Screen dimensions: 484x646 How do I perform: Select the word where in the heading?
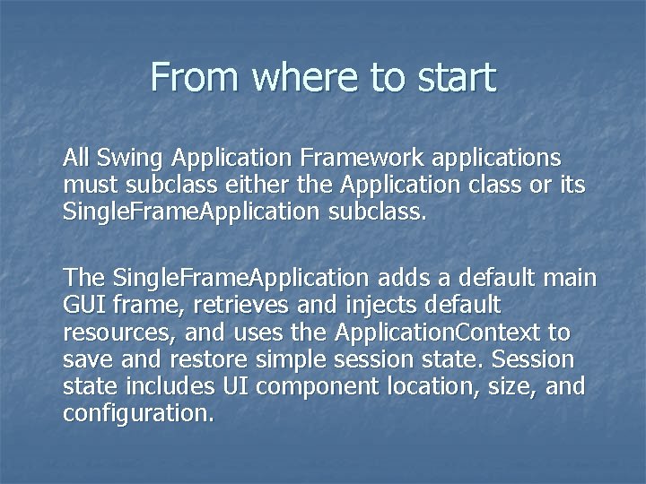[306, 77]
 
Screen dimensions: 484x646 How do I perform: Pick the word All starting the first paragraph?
[76, 159]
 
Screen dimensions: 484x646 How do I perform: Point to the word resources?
[107, 333]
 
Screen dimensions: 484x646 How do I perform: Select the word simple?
[290, 360]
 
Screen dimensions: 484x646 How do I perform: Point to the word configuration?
[138, 414]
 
